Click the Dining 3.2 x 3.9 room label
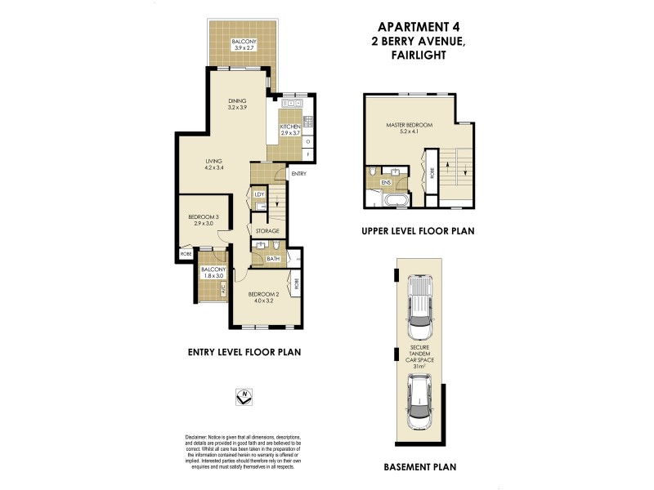[x=237, y=105]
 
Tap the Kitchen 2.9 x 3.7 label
[x=290, y=128]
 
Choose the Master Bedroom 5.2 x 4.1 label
[x=409, y=128]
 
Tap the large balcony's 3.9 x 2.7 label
[x=243, y=44]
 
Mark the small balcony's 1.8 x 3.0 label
[x=213, y=272]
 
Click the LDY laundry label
[x=259, y=194]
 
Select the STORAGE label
[x=267, y=231]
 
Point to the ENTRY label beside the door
[x=298, y=173]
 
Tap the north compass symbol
[x=243, y=396]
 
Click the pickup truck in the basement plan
[x=419, y=309]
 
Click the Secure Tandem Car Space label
[x=420, y=356]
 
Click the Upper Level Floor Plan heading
[x=418, y=231]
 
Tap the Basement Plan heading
[x=419, y=467]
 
